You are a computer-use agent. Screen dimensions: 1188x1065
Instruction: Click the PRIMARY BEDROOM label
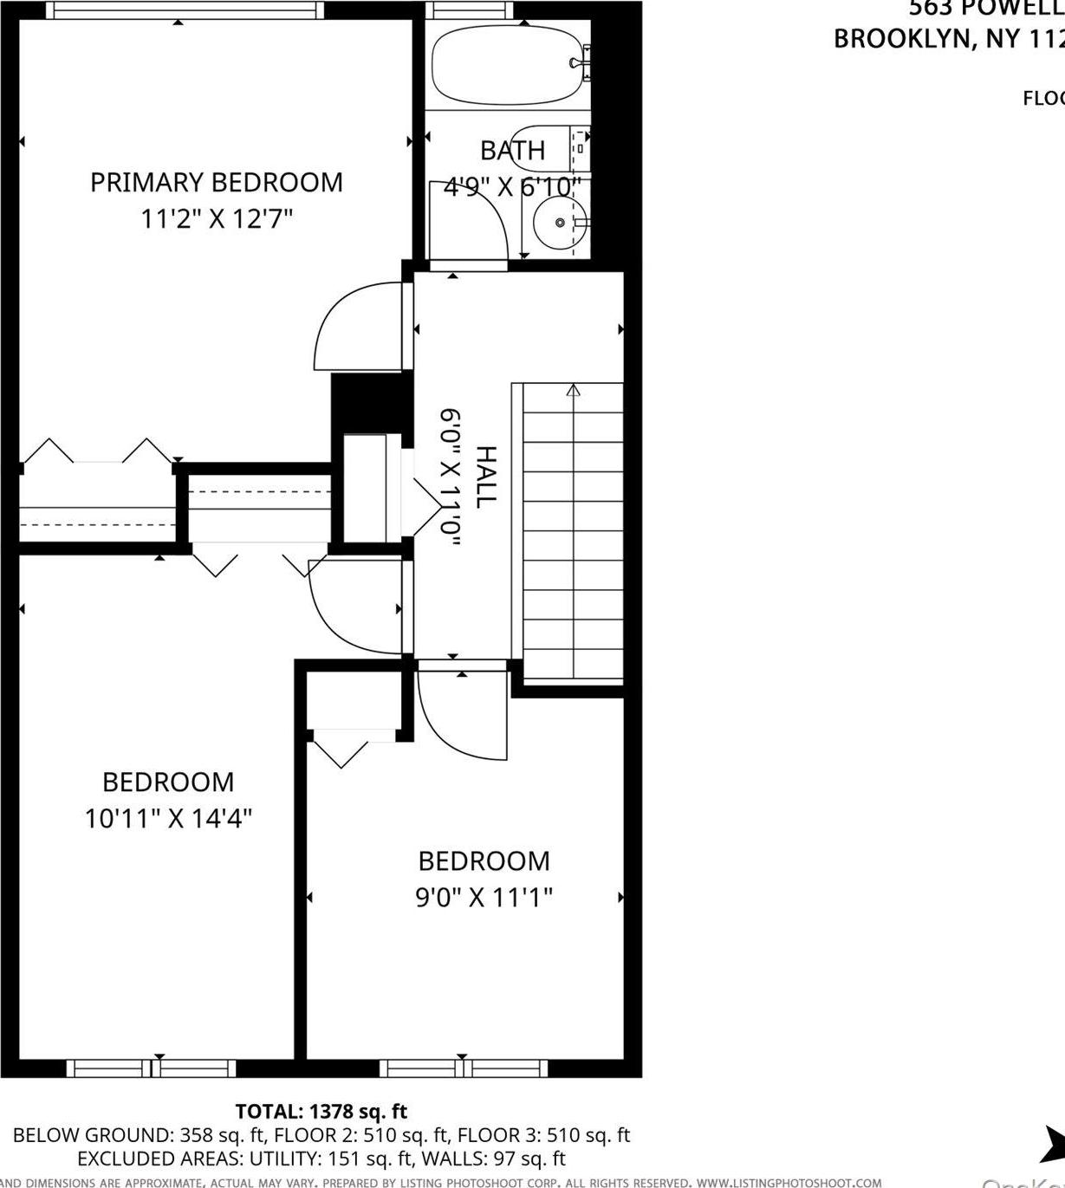click(216, 182)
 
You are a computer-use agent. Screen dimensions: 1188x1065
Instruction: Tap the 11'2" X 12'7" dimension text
click(216, 218)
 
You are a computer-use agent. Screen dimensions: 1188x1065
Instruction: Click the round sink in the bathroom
click(559, 223)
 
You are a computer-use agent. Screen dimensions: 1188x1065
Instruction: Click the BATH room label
click(512, 151)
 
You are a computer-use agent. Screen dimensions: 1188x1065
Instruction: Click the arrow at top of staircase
click(573, 391)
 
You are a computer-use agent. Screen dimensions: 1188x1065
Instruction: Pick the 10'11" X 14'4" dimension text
click(168, 818)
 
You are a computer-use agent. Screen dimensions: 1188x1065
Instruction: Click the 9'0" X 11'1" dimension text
click(484, 897)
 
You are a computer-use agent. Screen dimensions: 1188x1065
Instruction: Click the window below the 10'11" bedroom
click(152, 1068)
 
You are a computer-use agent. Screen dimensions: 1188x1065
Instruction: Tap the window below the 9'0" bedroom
click(464, 1068)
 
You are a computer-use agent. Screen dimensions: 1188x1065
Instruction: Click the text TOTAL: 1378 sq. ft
click(321, 1111)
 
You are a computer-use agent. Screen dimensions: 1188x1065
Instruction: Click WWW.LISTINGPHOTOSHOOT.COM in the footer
click(789, 1182)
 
